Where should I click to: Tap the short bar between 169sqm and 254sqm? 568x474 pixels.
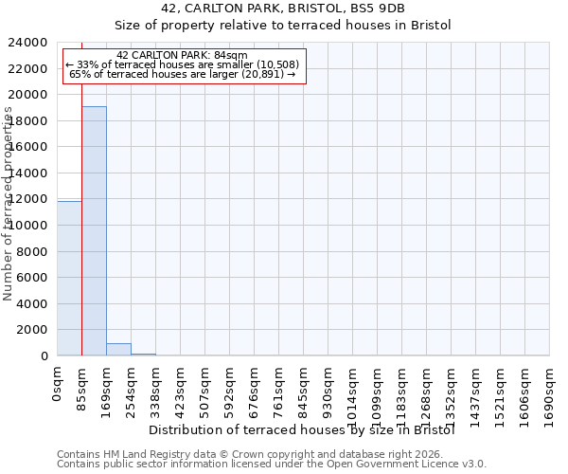118,349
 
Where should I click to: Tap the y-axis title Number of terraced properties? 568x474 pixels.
9,204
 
